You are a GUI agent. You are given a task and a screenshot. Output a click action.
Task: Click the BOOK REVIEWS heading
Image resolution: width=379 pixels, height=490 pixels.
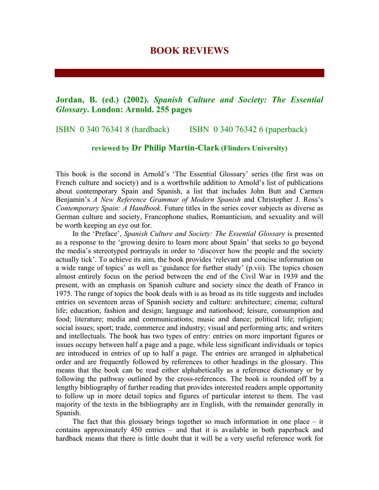tap(189, 51)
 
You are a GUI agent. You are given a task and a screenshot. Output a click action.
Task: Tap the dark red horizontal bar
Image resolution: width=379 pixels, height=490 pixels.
tap(189, 73)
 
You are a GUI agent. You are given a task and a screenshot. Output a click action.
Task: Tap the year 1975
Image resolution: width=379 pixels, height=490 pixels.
tap(64, 294)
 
